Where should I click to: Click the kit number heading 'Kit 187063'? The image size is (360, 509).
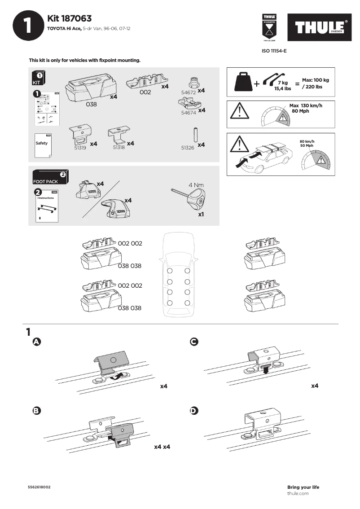[69, 18]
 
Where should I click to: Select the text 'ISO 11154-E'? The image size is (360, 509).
[274, 51]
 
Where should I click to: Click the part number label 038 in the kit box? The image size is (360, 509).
[91, 104]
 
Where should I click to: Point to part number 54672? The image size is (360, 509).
[189, 92]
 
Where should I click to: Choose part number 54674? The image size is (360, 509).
[189, 113]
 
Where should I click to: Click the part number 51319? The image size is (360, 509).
[80, 147]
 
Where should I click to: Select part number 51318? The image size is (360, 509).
[119, 147]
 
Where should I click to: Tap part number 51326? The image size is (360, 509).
[188, 147]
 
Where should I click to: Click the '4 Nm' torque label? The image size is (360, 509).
[197, 184]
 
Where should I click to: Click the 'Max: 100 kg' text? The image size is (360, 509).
[316, 80]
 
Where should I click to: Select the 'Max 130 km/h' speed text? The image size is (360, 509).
[306, 105]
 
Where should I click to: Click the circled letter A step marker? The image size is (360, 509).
[37, 342]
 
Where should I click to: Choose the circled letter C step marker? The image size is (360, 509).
[194, 342]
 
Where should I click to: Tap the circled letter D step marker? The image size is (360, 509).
[194, 411]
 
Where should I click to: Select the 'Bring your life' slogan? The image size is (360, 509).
[303, 487]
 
